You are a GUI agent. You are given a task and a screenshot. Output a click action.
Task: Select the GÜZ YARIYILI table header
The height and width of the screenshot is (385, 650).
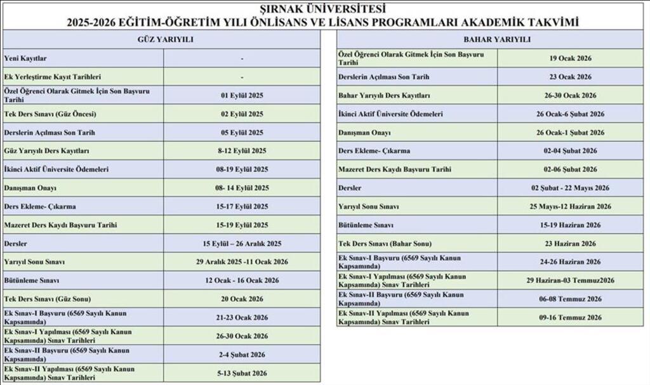point(165,39)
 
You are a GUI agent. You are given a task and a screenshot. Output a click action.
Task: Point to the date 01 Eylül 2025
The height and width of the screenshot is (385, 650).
point(242,95)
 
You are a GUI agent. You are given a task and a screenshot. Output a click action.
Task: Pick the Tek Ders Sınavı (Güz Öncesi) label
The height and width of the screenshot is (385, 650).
point(50,114)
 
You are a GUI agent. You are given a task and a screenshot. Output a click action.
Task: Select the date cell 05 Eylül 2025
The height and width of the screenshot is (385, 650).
point(242,133)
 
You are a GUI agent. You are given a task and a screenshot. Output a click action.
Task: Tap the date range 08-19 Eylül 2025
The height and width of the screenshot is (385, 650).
point(242,169)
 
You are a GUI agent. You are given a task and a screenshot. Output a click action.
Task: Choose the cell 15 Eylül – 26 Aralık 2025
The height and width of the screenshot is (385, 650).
point(242,243)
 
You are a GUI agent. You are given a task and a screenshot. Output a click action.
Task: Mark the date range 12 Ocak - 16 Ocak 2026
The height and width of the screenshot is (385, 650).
point(242,280)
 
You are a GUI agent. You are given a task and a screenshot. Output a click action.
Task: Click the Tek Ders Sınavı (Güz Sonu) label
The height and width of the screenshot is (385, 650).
point(48,299)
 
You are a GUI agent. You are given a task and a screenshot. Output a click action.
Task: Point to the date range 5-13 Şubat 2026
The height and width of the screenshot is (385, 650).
point(242,372)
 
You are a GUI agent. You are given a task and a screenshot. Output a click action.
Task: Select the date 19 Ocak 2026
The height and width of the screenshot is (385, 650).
point(571,58)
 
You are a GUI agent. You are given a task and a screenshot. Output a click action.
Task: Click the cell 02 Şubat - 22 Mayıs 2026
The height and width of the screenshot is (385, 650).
point(571,188)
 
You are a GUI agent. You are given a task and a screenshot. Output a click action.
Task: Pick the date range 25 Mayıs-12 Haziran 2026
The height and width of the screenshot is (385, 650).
point(571,206)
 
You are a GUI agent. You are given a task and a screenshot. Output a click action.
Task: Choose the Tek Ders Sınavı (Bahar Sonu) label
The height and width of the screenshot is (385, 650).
point(385,244)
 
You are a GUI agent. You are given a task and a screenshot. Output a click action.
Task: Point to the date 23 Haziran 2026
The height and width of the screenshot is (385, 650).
point(571,244)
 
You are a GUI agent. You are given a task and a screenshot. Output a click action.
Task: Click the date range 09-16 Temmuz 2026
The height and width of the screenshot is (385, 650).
point(571,317)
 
